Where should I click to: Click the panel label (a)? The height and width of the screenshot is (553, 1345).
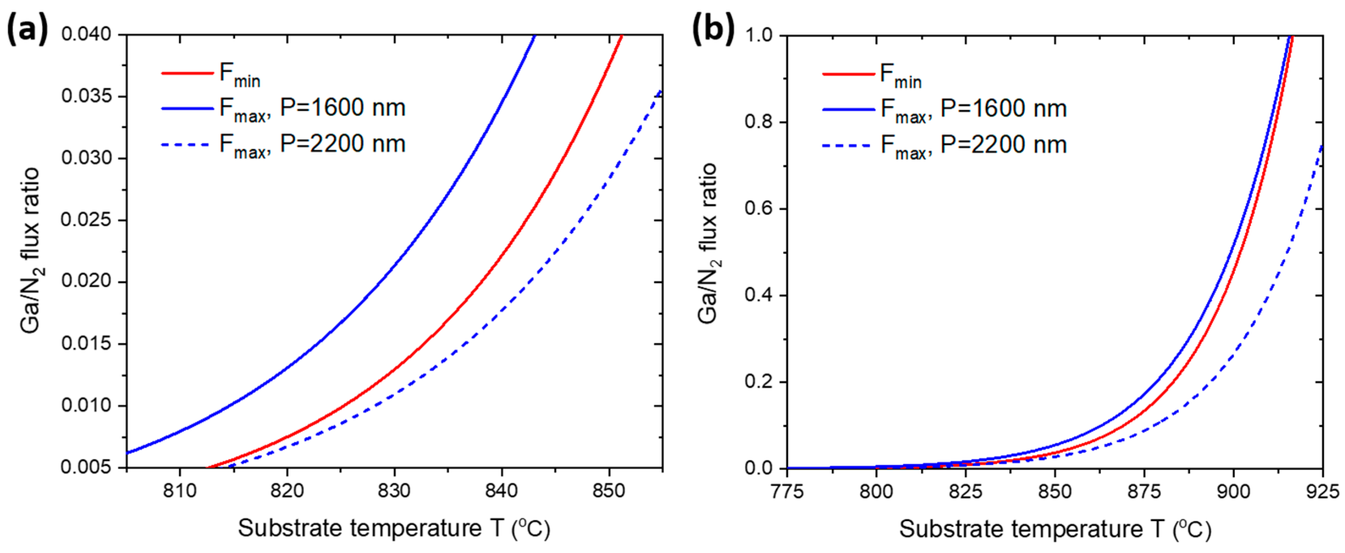pyautogui.click(x=27, y=30)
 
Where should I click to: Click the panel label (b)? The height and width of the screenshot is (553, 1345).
pyautogui.click(x=712, y=30)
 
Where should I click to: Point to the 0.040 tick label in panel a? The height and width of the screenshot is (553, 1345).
pyautogui.click(x=87, y=34)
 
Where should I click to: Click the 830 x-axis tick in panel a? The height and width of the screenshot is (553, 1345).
pyautogui.click(x=394, y=491)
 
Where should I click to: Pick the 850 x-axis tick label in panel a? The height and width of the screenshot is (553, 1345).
pyautogui.click(x=609, y=491)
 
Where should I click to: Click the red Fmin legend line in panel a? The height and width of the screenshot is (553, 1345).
pyautogui.click(x=187, y=73)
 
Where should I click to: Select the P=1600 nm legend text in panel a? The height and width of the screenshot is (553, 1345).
pyautogui.click(x=343, y=108)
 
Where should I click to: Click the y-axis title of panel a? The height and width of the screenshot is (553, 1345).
pyautogui.click(x=31, y=251)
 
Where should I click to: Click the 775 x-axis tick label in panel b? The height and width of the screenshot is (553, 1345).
pyautogui.click(x=787, y=492)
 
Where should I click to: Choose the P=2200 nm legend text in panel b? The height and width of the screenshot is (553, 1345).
pyautogui.click(x=1004, y=145)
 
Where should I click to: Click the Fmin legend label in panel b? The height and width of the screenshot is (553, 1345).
pyautogui.click(x=901, y=76)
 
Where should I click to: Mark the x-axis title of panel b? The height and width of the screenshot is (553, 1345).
pyautogui.click(x=1055, y=529)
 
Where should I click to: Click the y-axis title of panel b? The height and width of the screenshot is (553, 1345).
pyautogui.click(x=709, y=243)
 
